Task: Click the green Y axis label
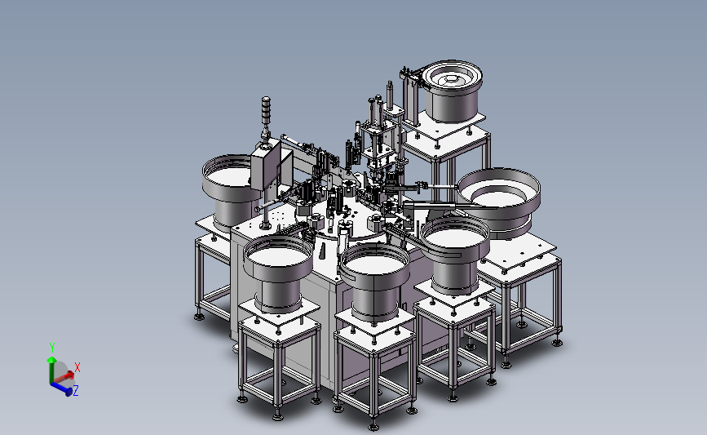[x=52, y=348]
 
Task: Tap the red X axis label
[x=77, y=367]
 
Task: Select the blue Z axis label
[x=75, y=390]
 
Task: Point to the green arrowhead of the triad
[x=52, y=360]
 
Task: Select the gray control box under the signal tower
[x=265, y=165]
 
